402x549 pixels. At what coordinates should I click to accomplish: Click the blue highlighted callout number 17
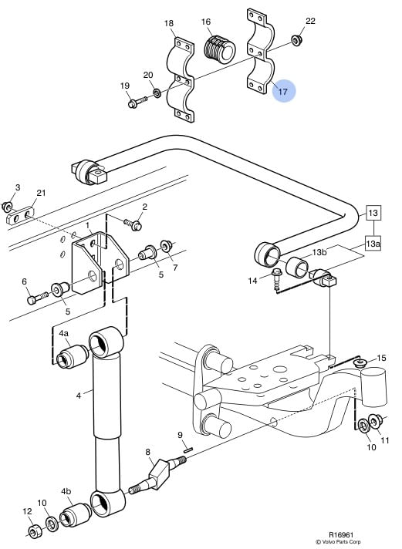click(x=283, y=92)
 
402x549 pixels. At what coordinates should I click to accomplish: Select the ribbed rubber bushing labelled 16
click(x=219, y=49)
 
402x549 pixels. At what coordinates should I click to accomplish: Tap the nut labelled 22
click(x=296, y=40)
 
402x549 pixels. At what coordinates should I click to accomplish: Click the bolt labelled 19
click(x=137, y=103)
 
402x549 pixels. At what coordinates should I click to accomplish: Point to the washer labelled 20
click(x=157, y=93)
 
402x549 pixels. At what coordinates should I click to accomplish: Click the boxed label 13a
click(x=373, y=244)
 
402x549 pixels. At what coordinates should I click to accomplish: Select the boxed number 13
click(x=373, y=213)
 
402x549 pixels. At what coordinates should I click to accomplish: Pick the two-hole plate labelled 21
click(x=21, y=217)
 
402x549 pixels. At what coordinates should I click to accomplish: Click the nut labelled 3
click(x=7, y=207)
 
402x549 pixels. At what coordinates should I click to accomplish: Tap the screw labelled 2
click(x=133, y=224)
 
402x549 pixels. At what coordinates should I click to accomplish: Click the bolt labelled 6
click(x=37, y=298)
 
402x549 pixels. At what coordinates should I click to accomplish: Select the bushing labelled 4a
click(x=73, y=356)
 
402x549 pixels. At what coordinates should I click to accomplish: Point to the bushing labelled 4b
click(x=76, y=514)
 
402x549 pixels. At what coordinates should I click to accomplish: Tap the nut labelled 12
click(x=35, y=532)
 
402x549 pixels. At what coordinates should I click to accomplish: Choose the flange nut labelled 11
click(x=376, y=420)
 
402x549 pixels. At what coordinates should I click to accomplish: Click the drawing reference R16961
click(x=341, y=535)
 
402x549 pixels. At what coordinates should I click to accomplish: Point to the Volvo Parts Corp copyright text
click(x=338, y=542)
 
